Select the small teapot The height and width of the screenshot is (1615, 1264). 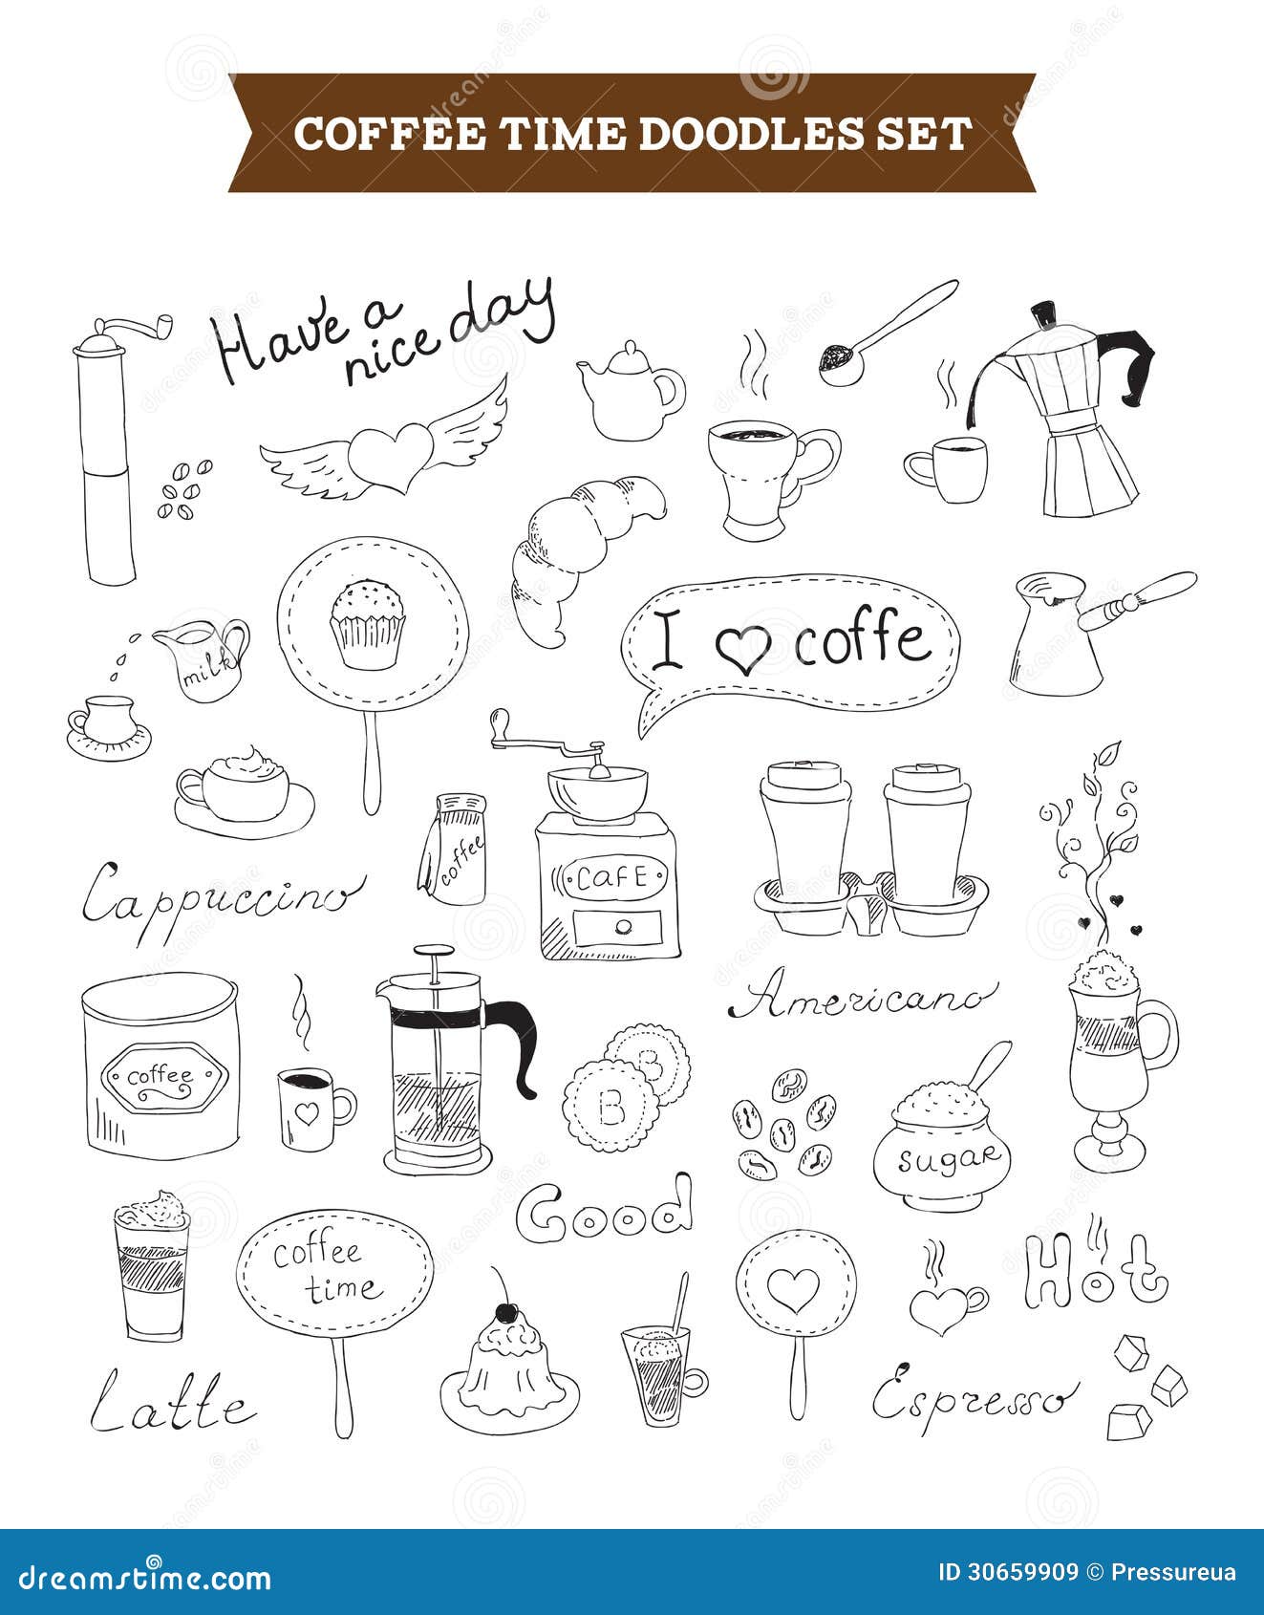click(629, 392)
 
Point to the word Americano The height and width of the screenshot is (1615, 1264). click(860, 1000)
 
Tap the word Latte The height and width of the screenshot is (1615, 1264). click(172, 1405)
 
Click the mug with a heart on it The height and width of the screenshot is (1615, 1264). click(308, 1109)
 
